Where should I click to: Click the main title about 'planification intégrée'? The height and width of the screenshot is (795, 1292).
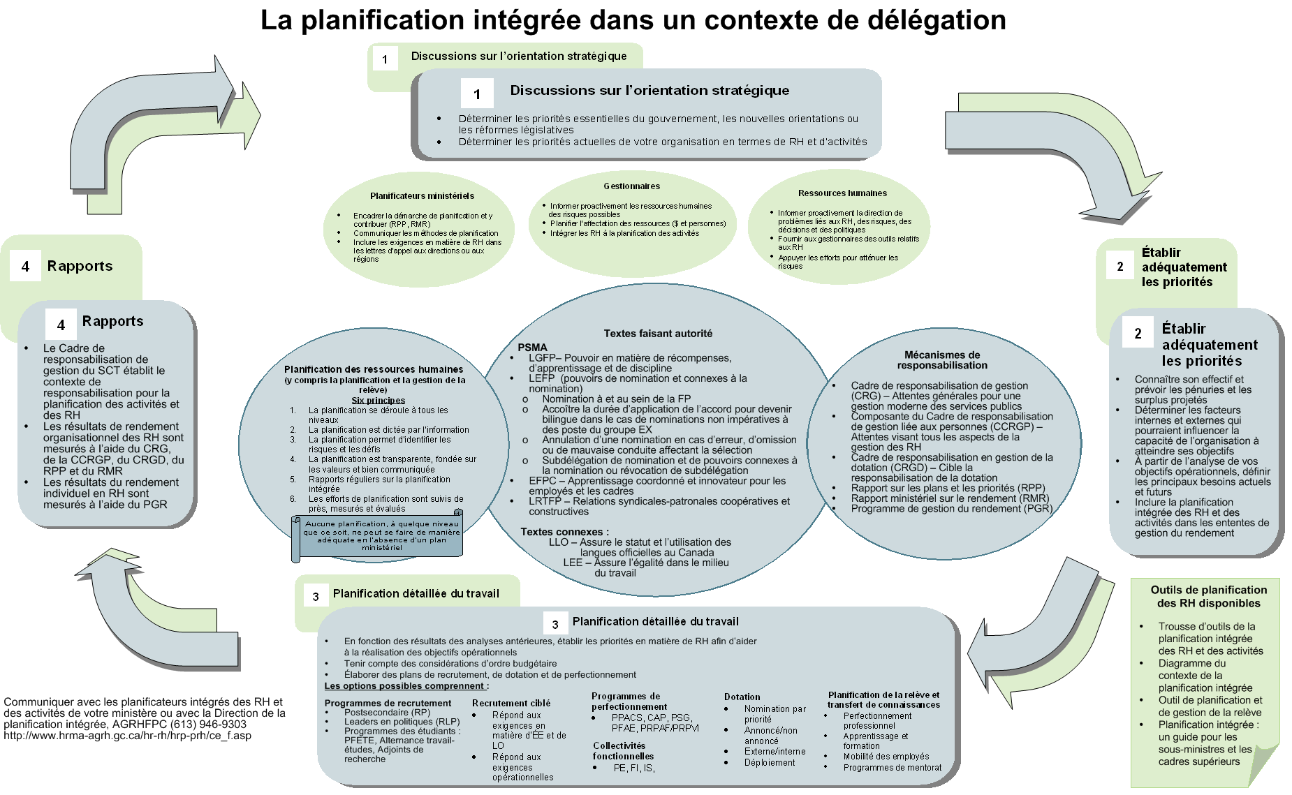tap(633, 20)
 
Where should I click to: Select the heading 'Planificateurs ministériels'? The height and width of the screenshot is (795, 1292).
tap(422, 196)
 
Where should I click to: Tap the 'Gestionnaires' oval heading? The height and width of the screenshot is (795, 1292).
tap(631, 186)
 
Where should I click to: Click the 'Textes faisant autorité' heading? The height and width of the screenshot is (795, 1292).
tap(658, 334)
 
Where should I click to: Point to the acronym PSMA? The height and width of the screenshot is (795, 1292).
tap(532, 348)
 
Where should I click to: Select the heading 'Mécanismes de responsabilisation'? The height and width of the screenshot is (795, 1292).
tap(942, 360)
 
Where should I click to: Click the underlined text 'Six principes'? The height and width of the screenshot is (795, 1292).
tap(378, 401)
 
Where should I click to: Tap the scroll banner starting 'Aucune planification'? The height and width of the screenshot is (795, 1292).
tap(381, 536)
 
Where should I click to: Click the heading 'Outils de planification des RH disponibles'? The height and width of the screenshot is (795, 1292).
tap(1208, 597)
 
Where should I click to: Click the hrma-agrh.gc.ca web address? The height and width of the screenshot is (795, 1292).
tap(127, 736)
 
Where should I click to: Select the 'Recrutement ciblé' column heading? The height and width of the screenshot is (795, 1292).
tap(511, 704)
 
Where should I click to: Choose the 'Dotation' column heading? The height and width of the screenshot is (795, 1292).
tap(742, 697)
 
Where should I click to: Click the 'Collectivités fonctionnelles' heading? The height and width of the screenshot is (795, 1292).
tap(623, 751)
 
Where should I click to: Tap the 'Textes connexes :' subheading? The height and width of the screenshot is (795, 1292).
tap(564, 532)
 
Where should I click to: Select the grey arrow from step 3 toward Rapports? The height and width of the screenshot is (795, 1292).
tap(154, 614)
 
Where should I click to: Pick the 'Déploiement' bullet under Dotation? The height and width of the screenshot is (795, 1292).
tap(769, 763)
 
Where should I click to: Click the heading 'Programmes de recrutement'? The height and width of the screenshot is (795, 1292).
tap(388, 704)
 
